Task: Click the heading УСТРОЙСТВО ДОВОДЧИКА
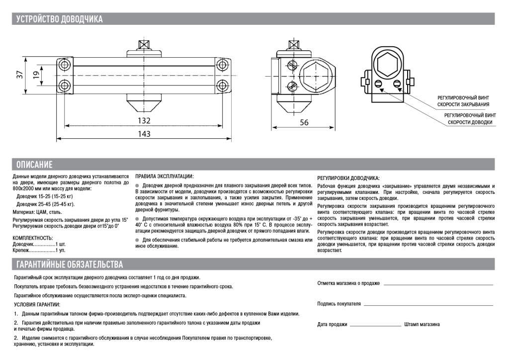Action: click(x=60, y=19)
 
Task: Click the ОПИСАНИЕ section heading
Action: click(x=34, y=165)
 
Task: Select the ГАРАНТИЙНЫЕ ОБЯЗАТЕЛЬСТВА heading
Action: click(x=70, y=264)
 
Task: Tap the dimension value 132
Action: click(x=144, y=121)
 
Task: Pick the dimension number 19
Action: click(x=36, y=75)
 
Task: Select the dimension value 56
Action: click(x=304, y=122)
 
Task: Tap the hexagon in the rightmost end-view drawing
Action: click(x=388, y=63)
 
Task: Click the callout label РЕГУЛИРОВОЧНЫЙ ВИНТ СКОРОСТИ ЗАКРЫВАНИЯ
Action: click(x=463, y=101)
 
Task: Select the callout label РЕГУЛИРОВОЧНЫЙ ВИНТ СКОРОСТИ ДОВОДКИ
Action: click(x=470, y=118)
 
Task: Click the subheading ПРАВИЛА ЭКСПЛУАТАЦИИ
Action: click(x=165, y=177)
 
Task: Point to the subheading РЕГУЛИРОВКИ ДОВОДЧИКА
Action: click(x=348, y=178)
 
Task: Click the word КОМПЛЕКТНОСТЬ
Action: click(x=32, y=238)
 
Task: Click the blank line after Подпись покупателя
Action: click(x=427, y=304)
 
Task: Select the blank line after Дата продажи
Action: click(x=375, y=325)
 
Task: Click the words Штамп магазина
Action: click(x=422, y=325)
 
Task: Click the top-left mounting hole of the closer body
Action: click(x=64, y=65)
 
